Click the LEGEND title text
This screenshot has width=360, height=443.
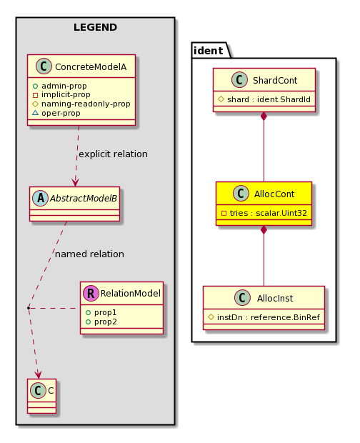(x=95, y=27)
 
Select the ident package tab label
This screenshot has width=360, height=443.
(x=209, y=51)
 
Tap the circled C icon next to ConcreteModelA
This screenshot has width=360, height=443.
(x=44, y=66)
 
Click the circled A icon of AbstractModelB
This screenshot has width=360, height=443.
(x=41, y=199)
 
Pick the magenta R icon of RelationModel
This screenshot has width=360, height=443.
(x=91, y=293)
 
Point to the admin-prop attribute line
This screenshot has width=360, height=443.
(x=60, y=86)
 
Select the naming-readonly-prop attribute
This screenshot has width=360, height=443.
(x=81, y=104)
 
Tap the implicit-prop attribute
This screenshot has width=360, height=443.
(x=61, y=94)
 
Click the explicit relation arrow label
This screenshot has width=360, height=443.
(x=113, y=154)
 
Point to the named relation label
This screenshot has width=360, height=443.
(x=89, y=254)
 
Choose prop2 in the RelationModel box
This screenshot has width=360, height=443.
(x=101, y=322)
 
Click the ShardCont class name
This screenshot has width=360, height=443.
(x=275, y=81)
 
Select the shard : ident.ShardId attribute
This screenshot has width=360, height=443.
(x=264, y=99)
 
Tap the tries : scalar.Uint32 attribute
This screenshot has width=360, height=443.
(x=264, y=213)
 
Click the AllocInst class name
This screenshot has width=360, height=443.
(x=275, y=299)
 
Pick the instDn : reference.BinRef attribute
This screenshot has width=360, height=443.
(x=264, y=317)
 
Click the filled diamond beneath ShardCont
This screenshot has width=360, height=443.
(x=264, y=116)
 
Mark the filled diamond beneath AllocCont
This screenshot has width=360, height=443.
(x=264, y=230)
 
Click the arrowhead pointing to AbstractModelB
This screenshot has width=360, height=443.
(x=76, y=182)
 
